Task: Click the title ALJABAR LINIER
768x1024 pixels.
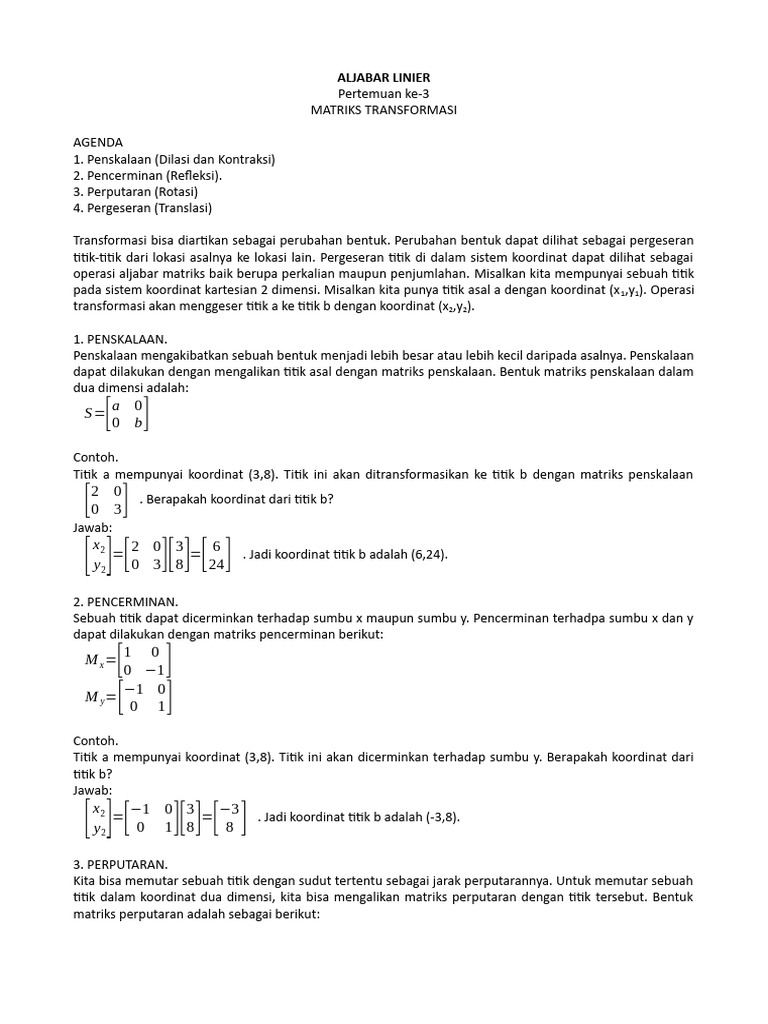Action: click(x=383, y=77)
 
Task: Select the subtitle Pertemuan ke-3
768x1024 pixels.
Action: click(x=383, y=93)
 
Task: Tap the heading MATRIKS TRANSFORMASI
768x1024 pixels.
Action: click(x=383, y=110)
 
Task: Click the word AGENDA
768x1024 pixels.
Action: click(x=98, y=142)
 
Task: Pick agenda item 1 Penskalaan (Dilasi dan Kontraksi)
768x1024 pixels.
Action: click(x=174, y=159)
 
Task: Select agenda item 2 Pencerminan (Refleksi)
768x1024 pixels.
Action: click(x=148, y=175)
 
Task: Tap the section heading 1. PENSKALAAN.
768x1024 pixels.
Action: click(x=120, y=339)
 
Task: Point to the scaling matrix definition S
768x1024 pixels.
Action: click(x=116, y=413)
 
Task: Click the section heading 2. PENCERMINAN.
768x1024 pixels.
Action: click(x=125, y=601)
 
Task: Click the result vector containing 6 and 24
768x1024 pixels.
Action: click(x=215, y=554)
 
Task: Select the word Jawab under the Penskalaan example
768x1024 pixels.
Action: click(x=93, y=527)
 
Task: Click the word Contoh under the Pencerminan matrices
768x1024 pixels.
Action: click(x=96, y=741)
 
